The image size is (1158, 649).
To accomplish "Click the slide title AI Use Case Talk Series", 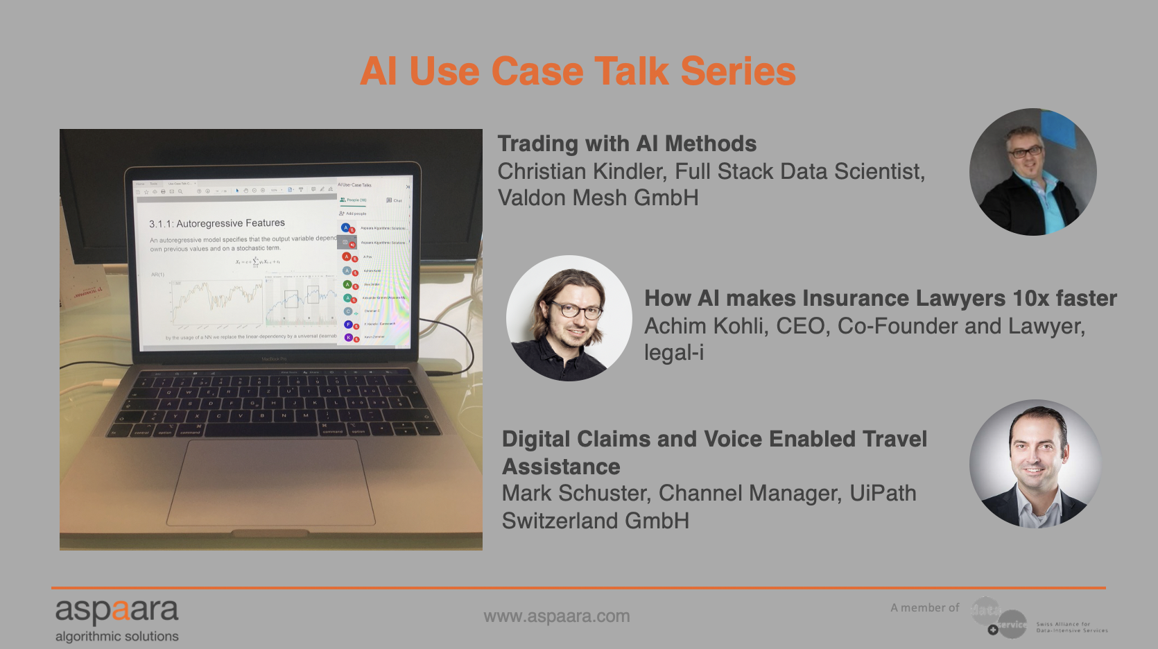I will click(x=578, y=71).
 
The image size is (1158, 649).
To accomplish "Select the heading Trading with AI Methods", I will click(x=627, y=144).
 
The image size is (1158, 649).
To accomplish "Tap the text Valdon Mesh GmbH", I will click(x=598, y=198).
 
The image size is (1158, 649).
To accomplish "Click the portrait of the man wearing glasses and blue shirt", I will click(x=1032, y=171).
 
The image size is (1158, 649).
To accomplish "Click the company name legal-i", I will click(x=673, y=352).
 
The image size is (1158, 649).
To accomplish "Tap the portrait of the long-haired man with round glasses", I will click(x=569, y=318).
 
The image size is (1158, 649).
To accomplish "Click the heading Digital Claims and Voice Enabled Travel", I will click(x=714, y=439).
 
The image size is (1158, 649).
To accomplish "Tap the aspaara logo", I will click(x=116, y=611).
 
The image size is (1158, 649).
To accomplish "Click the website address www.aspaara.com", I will click(x=556, y=616).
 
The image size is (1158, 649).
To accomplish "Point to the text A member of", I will click(x=924, y=607).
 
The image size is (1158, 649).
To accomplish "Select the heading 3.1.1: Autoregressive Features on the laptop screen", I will click(x=217, y=223).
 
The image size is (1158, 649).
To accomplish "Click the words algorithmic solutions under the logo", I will click(x=116, y=636).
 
